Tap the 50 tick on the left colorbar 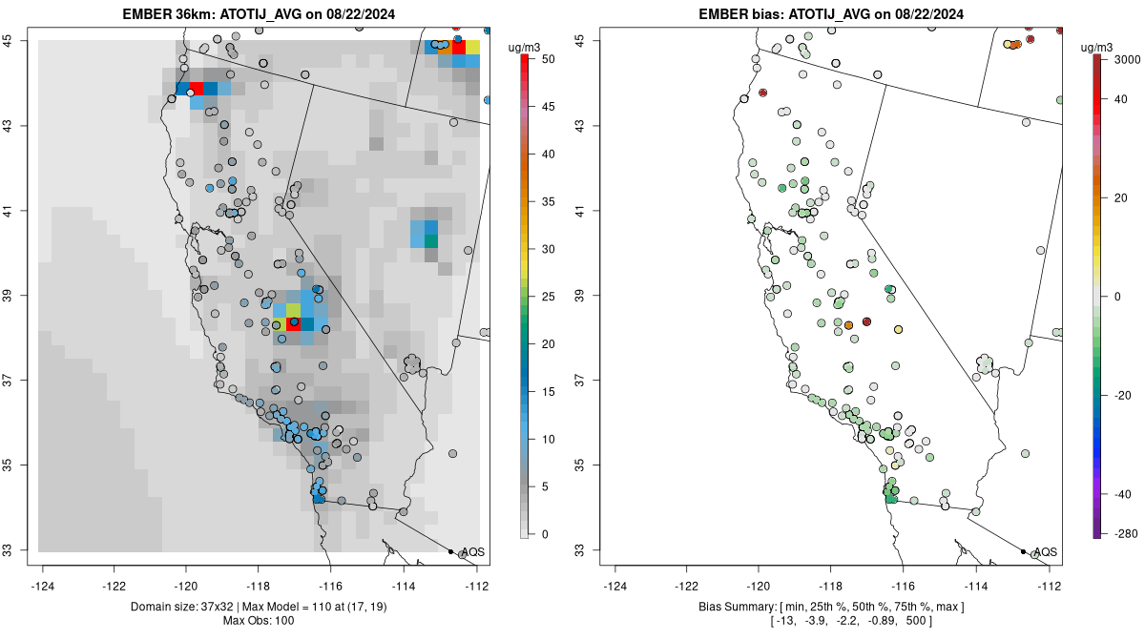coord(547,59)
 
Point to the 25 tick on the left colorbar coord(547,297)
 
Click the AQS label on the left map coord(473,552)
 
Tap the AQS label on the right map coord(1046,552)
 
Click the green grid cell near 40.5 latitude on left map coord(430,241)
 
